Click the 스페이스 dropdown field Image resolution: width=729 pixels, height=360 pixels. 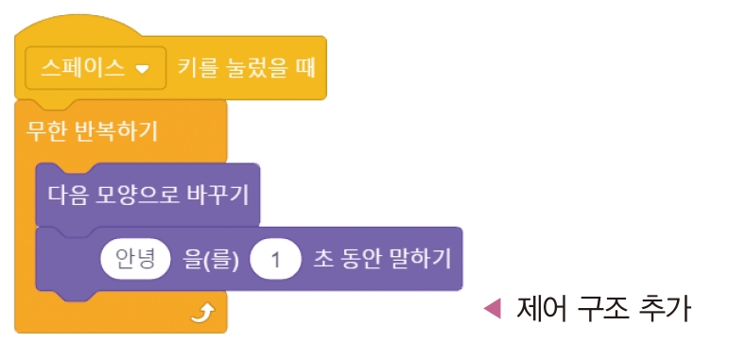point(95,68)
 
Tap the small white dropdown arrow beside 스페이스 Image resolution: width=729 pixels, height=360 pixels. point(143,69)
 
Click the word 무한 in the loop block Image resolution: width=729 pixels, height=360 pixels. point(45,129)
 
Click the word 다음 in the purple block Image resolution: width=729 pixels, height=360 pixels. point(67,196)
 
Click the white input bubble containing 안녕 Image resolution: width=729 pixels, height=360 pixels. point(134,258)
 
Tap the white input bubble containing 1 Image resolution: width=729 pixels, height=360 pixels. point(276,258)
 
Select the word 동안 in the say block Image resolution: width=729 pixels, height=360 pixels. point(359,258)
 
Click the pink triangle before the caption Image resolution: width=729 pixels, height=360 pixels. point(491,308)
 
